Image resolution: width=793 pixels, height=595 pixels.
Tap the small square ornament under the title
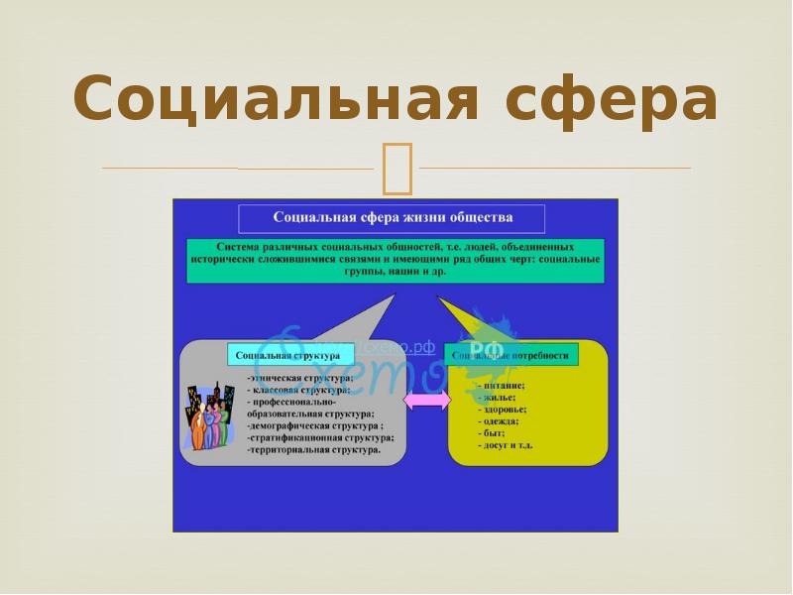tap(396, 168)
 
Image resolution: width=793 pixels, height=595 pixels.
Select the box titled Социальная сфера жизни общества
tap(392, 217)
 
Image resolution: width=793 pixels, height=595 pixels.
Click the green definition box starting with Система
tap(395, 259)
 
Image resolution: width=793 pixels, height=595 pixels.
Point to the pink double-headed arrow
tap(427, 400)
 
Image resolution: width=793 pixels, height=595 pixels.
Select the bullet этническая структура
tap(300, 379)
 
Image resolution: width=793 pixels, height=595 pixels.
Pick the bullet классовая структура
tap(297, 391)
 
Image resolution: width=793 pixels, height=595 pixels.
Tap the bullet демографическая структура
tap(315, 425)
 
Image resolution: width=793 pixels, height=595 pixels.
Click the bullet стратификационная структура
tap(321, 437)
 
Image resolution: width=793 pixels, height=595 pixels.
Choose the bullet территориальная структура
tap(314, 449)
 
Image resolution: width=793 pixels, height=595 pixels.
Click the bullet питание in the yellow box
tap(502, 385)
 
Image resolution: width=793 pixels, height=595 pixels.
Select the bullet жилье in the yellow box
tap(497, 397)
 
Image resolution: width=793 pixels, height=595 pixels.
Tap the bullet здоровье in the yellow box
tap(503, 409)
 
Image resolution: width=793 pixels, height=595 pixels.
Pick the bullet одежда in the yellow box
tap(500, 420)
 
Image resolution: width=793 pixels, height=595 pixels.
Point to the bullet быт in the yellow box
tap(492, 433)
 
